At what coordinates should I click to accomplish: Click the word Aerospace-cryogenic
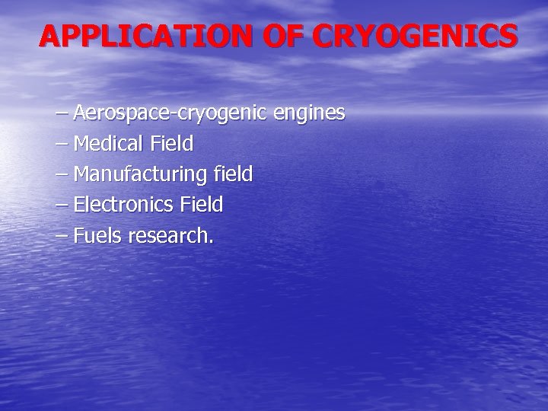click(x=170, y=114)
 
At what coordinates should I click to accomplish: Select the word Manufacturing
click(x=139, y=174)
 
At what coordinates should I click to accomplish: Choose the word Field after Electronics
click(x=200, y=205)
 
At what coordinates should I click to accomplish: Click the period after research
click(x=211, y=243)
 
